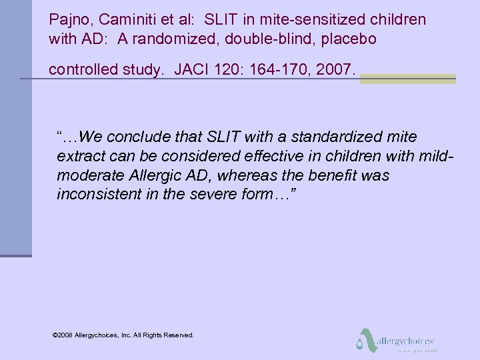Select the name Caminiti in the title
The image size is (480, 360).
123,19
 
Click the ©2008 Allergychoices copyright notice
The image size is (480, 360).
123,335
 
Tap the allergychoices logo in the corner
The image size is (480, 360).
397,340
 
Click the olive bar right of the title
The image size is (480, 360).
408,79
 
